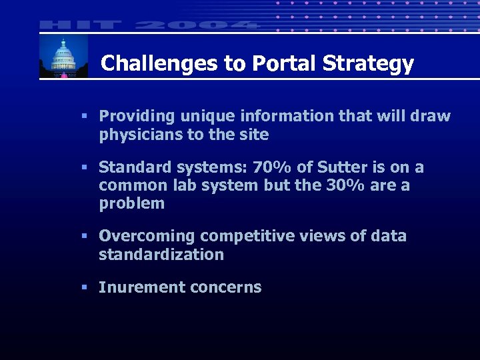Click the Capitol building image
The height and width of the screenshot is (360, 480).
[63, 56]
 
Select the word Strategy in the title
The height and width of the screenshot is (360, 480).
[368, 64]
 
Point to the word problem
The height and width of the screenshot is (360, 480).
[132, 204]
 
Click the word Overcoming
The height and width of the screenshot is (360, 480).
[146, 236]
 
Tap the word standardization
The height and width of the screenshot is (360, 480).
[161, 255]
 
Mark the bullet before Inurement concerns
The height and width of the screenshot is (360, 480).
[84, 287]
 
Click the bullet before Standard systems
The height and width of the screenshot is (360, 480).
[84, 167]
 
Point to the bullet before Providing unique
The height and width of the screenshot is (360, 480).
[84, 116]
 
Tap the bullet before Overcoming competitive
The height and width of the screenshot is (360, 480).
[84, 236]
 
